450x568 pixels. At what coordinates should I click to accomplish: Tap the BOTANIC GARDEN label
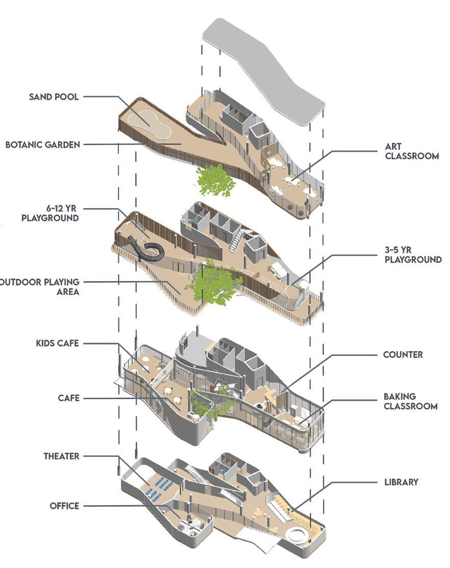pos(43,144)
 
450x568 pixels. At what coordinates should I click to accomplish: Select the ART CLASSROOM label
pos(412,151)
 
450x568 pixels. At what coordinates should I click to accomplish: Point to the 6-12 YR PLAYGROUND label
pos(50,213)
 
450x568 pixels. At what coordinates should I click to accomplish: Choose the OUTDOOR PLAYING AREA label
pos(40,287)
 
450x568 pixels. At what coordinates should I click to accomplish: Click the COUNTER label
pos(403,354)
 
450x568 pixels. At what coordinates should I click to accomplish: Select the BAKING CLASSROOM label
pos(411,401)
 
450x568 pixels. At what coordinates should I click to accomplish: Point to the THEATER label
pos(61,456)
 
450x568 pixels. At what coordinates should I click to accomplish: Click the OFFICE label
pos(64,506)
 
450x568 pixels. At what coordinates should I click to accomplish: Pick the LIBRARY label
pos(401,481)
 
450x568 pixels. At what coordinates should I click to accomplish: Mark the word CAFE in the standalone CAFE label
pos(69,398)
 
